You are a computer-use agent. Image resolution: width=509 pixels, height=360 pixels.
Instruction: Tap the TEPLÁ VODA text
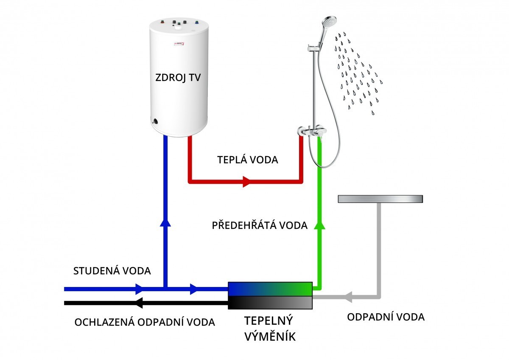pos(248,160)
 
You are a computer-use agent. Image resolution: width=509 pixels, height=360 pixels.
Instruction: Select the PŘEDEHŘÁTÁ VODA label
pos(260,225)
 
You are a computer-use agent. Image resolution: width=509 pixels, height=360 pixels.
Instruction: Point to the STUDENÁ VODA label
pos(112,271)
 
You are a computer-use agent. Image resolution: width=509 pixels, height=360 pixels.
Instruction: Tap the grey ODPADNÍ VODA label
pos(386,317)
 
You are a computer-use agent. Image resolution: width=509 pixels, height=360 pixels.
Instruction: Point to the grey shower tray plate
pos(380,199)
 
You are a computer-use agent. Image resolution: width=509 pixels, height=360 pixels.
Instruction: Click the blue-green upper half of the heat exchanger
pos(270,289)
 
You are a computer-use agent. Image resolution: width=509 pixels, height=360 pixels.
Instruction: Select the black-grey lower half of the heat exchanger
pos(270,303)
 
